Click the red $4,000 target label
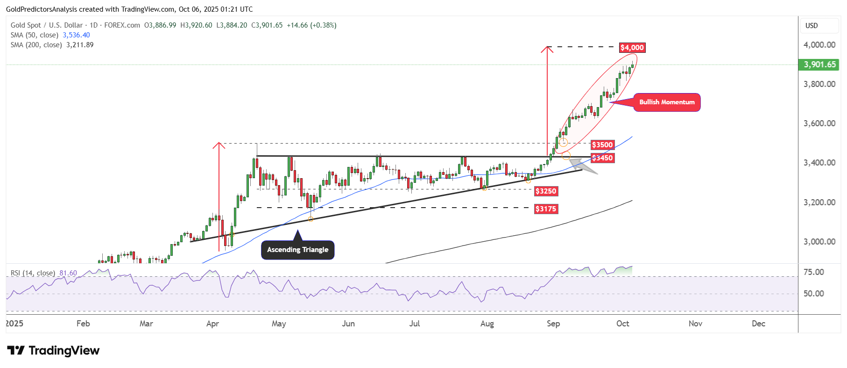pos(632,48)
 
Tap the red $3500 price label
pos(602,145)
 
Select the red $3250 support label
pos(546,191)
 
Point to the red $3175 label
pos(546,209)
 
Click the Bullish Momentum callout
pos(667,102)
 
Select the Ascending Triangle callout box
pos(297,250)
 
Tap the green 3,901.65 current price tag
pos(819,65)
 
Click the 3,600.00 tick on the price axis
pos(819,123)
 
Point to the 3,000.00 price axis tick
pos(819,242)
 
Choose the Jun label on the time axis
pos(348,324)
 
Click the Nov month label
pos(695,324)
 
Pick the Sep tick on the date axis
pos(553,324)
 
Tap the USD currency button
pos(812,26)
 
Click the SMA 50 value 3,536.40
pos(76,35)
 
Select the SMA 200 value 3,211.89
pos(80,45)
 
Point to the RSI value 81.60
pos(68,273)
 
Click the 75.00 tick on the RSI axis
pos(813,272)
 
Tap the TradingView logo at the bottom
pos(53,351)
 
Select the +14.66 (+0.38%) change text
pos(311,25)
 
